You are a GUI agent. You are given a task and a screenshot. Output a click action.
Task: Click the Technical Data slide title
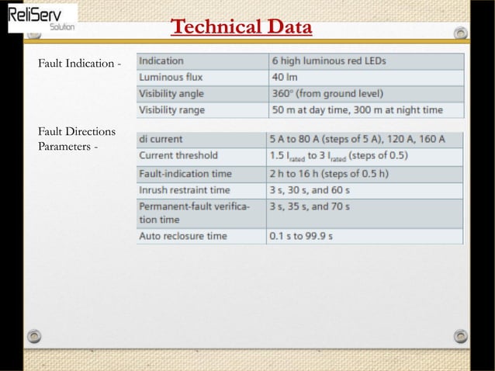241,27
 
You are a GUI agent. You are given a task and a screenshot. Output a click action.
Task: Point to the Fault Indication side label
80,63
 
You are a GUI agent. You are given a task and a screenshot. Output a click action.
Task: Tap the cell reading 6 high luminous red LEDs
328,61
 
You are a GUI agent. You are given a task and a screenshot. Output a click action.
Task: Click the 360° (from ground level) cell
322,93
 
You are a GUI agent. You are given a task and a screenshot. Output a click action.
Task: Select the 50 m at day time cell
357,109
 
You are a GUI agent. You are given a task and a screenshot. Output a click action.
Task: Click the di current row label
161,139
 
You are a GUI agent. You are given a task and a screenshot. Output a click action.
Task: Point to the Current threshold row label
178,155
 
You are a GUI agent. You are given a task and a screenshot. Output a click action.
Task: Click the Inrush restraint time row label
185,189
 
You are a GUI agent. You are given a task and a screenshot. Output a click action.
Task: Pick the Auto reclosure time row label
183,235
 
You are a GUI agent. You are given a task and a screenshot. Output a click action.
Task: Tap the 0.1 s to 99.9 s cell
301,235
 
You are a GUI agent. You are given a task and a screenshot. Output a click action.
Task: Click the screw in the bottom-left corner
33,335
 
